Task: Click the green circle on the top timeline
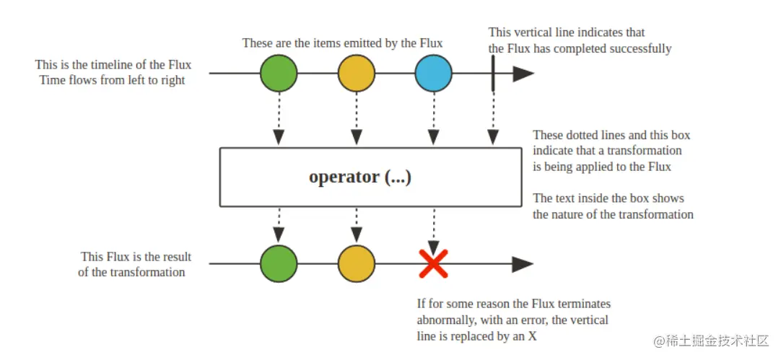279,73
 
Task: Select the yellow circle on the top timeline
356,73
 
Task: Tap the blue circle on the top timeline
433,73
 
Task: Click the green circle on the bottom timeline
279,263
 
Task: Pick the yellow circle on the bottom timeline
356,263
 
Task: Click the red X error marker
433,263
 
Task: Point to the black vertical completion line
493,73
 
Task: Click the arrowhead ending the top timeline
523,74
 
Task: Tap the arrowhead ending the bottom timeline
523,264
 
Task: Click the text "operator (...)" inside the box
360,177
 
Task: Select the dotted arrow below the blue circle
433,118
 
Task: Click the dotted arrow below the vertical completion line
493,118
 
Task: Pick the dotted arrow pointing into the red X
433,231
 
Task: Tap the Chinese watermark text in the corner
712,341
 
